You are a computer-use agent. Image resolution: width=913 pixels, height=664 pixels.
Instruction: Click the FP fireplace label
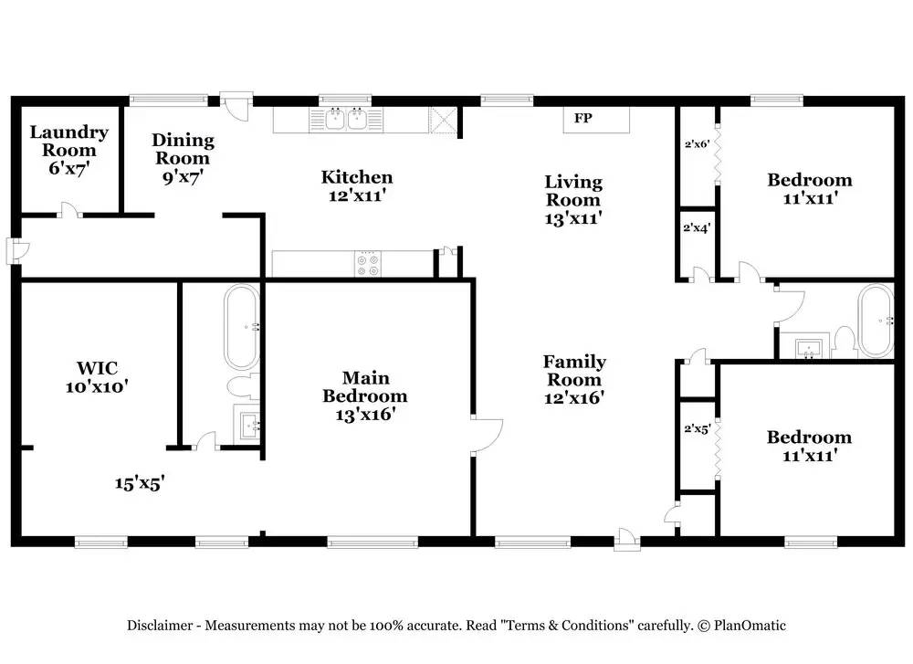[x=582, y=118]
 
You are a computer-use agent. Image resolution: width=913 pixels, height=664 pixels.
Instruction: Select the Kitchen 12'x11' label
[x=357, y=185]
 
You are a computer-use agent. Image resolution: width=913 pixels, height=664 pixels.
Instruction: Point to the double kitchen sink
[x=346, y=120]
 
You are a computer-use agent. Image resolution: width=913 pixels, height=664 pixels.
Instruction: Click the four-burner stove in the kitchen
[x=368, y=264]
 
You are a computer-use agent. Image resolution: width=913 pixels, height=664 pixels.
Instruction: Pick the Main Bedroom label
[x=365, y=396]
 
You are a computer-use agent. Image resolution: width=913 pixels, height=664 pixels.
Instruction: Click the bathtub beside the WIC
[x=242, y=327]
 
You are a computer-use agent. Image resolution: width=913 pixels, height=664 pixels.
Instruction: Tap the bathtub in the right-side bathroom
[x=876, y=321]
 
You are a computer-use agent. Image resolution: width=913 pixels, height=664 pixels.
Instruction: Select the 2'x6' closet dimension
[x=697, y=144]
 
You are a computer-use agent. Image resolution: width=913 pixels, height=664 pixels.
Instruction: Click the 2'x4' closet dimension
[x=697, y=227]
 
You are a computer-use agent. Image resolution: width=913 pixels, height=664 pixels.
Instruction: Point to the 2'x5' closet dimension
[x=697, y=429]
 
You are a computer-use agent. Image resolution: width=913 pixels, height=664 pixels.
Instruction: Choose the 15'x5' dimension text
[x=140, y=483]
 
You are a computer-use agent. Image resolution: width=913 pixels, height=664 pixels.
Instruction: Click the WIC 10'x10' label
[x=97, y=377]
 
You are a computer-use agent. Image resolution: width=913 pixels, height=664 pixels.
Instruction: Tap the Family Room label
[x=574, y=379]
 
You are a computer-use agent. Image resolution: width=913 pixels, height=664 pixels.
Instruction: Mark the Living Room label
[x=573, y=200]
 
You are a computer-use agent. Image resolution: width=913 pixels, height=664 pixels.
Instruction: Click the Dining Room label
[x=183, y=158]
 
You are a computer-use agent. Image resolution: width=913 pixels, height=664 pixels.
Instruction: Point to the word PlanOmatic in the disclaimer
[x=750, y=626]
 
